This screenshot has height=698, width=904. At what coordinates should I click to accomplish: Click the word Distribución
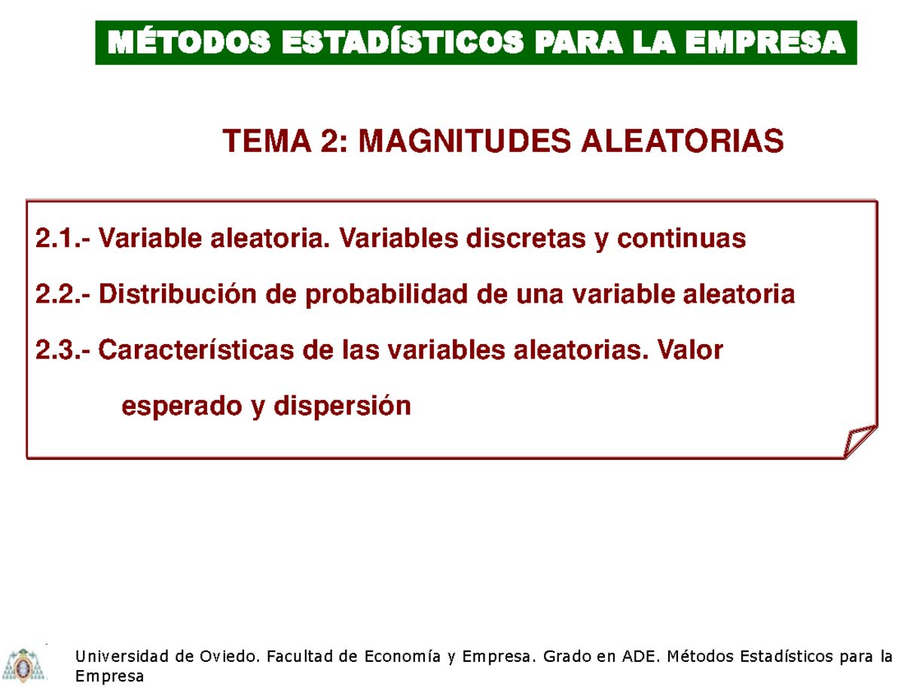click(x=192, y=295)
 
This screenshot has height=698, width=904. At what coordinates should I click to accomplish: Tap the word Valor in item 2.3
click(x=689, y=350)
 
